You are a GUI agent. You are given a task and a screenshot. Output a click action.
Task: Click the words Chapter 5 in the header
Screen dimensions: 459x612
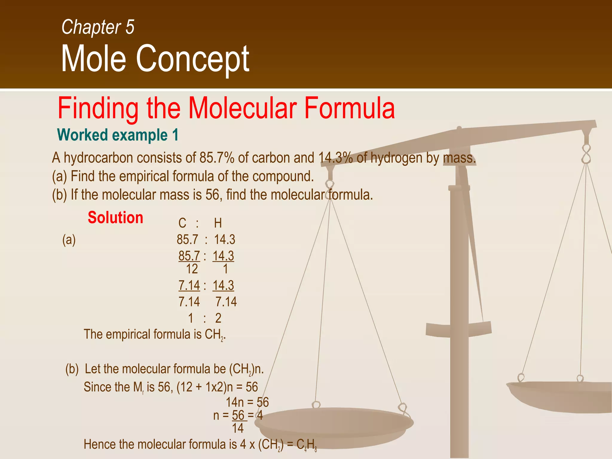[98, 27]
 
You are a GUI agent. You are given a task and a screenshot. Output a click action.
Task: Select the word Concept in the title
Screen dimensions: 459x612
[192, 59]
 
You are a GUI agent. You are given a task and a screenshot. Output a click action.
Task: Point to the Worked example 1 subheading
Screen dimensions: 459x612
[118, 135]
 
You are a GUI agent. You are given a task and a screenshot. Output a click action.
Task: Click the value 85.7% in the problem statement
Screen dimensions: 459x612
[217, 158]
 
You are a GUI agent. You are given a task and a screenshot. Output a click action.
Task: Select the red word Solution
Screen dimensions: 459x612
[115, 218]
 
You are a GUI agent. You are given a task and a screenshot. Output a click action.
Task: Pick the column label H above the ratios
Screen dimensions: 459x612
[218, 223]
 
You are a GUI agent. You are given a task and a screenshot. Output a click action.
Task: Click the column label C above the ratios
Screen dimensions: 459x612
[182, 223]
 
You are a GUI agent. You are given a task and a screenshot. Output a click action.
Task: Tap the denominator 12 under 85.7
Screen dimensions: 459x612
[192, 269]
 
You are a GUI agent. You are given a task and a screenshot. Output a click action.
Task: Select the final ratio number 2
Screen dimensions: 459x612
[218, 318]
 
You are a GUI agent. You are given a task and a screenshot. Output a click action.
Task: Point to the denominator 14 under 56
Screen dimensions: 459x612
[238, 429]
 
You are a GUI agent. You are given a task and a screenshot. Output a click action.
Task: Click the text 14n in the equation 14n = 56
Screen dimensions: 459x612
[235, 403]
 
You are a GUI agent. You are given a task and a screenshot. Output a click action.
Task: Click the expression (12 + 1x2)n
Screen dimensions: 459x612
[205, 387]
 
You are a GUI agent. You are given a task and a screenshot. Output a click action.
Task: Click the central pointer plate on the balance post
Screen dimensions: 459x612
[459, 330]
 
